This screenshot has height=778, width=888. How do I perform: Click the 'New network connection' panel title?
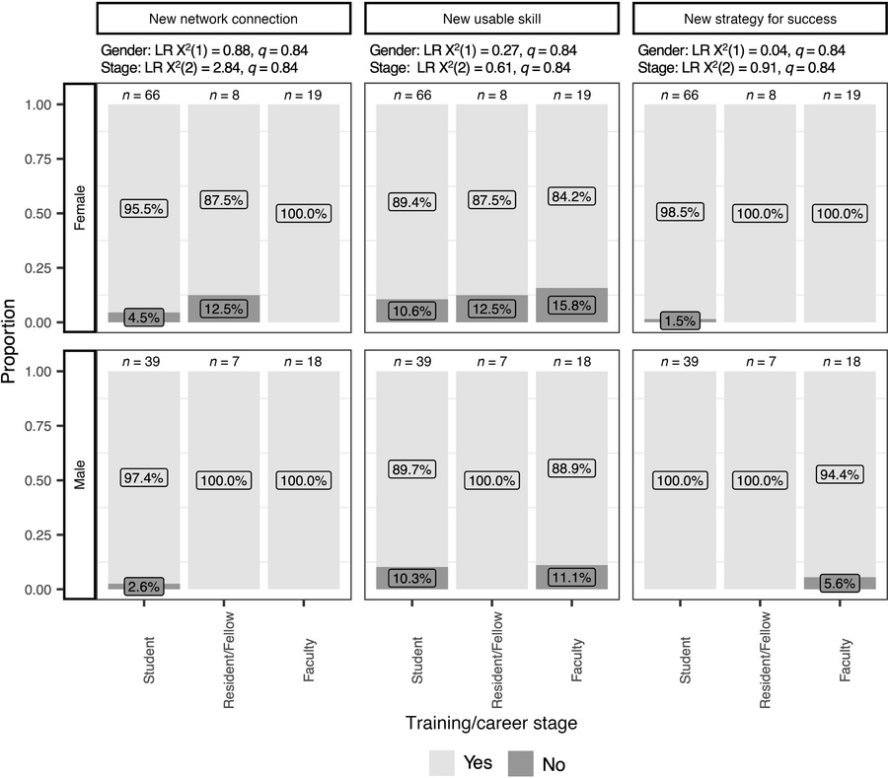click(223, 19)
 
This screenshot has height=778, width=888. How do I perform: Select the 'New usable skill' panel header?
click(491, 19)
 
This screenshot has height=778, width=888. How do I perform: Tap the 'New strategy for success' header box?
click(760, 19)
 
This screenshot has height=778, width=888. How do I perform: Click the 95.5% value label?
click(143, 209)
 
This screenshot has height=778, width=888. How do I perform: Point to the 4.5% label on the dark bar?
click(143, 318)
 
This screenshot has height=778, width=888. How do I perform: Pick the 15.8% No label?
click(571, 307)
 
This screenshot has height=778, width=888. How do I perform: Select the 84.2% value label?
click(571, 196)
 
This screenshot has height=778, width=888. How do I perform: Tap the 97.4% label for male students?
click(143, 477)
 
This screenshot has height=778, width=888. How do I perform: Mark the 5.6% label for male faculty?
click(840, 583)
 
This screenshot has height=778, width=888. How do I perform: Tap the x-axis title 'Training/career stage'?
click(491, 723)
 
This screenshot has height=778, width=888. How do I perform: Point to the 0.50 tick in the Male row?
click(40, 480)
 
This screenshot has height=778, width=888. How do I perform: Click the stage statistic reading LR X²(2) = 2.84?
click(223, 67)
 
